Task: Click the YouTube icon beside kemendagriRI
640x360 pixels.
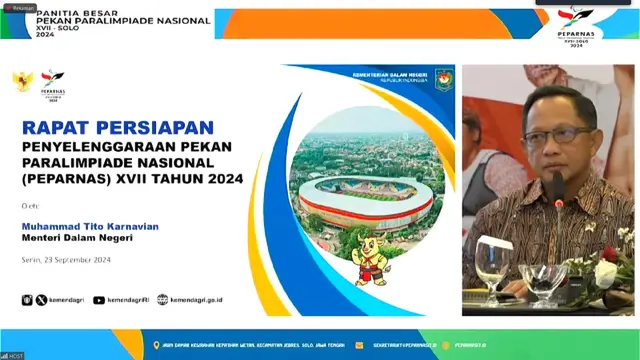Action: pyautogui.click(x=99, y=299)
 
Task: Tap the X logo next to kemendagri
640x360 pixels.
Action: pyautogui.click(x=41, y=299)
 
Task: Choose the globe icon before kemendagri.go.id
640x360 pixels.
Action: pyautogui.click(x=163, y=299)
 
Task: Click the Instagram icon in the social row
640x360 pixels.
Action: pyautogui.click(x=27, y=299)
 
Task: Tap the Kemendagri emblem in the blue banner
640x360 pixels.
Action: pyautogui.click(x=444, y=80)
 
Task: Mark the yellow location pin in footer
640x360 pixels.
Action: pyautogui.click(x=156, y=345)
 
